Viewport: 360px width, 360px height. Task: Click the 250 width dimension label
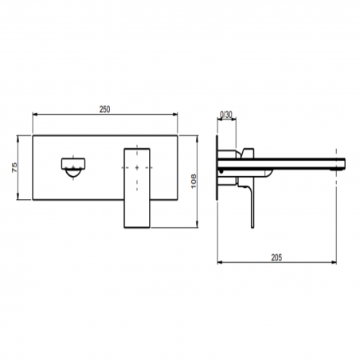pos(104,109)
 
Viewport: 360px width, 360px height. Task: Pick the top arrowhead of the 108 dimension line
pos(198,138)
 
